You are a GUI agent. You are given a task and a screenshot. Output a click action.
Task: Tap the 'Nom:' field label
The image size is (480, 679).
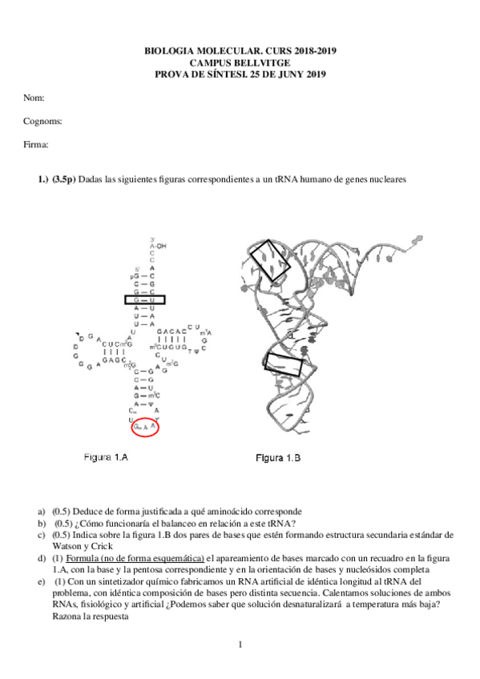[x=34, y=98]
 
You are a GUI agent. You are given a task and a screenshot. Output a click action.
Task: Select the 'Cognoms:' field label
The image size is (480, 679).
[x=42, y=121]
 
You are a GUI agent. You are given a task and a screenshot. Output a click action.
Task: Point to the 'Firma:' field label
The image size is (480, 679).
[x=36, y=145]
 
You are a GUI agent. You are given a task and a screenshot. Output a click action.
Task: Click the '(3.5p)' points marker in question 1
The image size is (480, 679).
[x=65, y=180]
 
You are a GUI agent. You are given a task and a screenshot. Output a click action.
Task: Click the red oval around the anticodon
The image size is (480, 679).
[x=145, y=428]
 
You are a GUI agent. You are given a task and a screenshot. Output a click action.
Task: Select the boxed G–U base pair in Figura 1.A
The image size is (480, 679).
[x=145, y=299]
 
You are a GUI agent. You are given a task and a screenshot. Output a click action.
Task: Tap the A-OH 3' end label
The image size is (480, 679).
[x=158, y=247]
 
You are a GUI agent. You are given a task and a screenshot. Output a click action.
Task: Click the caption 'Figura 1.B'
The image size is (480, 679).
[x=277, y=458]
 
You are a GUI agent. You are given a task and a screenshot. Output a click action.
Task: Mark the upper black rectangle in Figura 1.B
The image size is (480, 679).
[x=267, y=261]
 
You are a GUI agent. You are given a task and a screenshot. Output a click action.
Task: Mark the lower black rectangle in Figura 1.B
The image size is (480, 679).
[x=284, y=365]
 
